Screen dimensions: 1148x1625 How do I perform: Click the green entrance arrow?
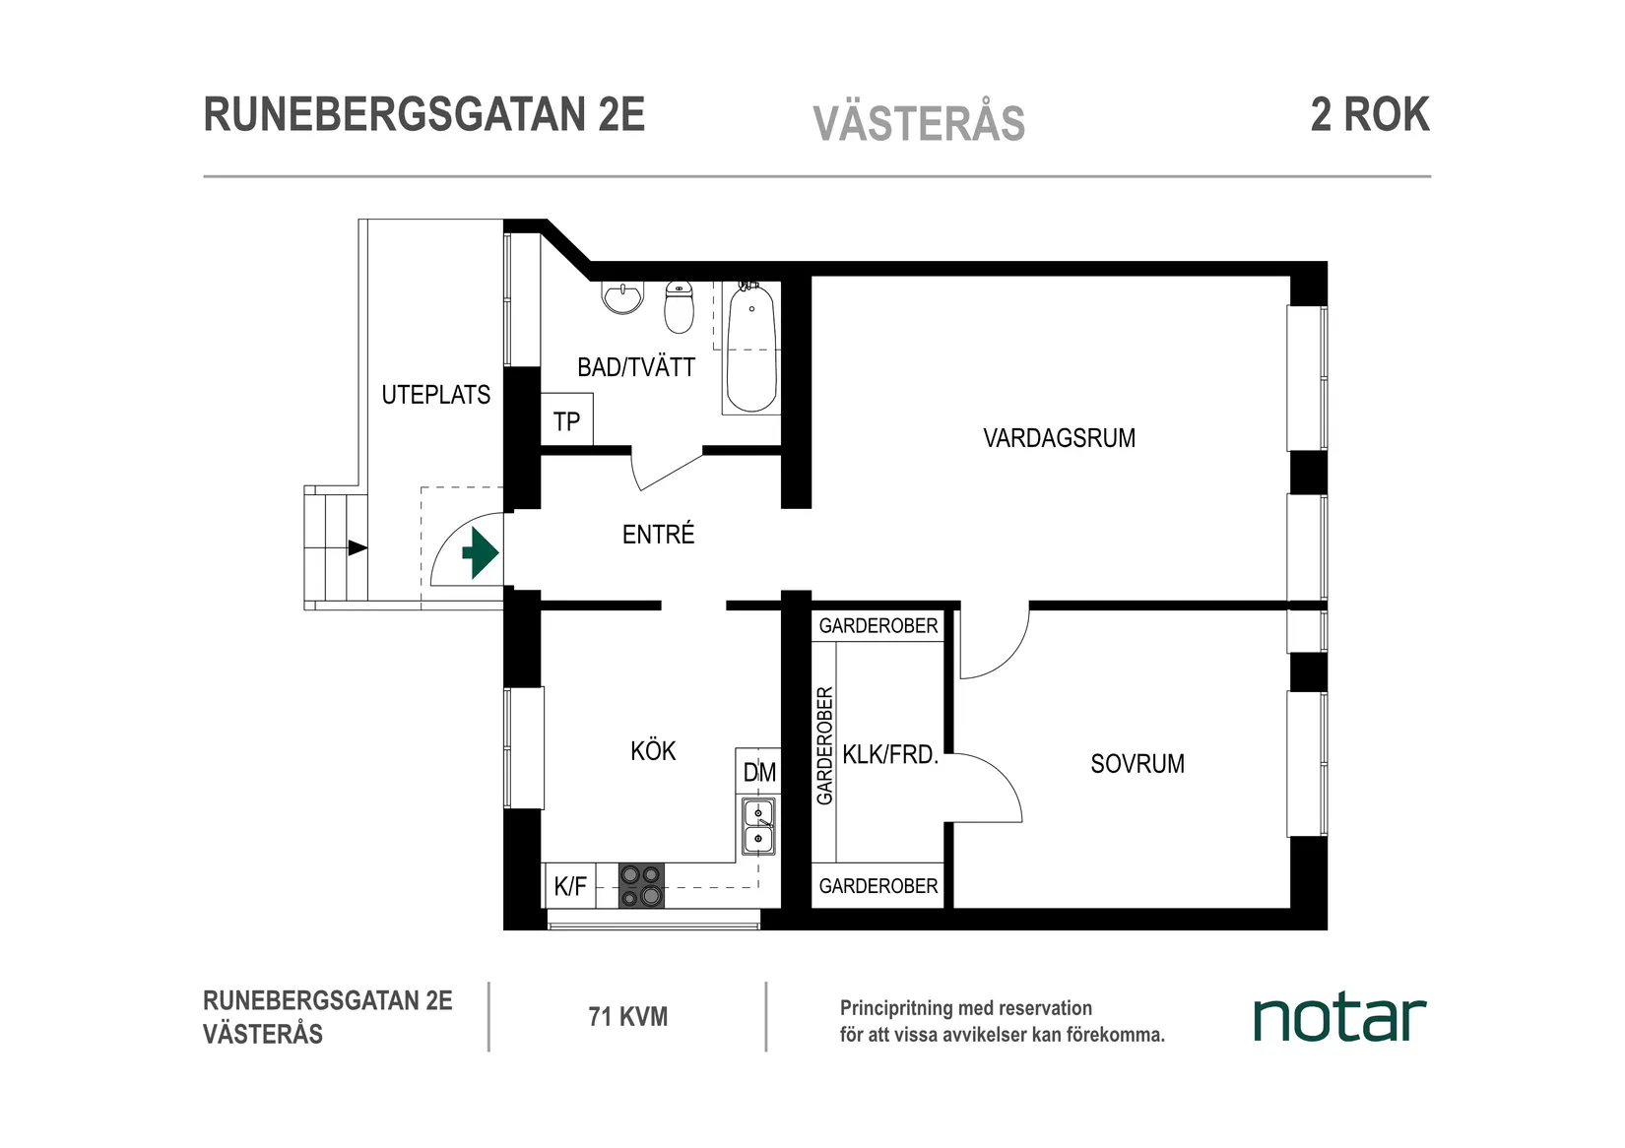(480, 553)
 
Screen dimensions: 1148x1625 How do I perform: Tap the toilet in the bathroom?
(679, 307)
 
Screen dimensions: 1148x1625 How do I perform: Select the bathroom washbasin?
(622, 297)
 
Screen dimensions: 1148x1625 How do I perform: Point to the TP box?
(566, 421)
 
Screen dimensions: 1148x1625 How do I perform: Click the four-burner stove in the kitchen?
(641, 885)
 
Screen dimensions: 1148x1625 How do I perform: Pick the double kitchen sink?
(758, 826)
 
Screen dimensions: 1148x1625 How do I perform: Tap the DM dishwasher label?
(758, 773)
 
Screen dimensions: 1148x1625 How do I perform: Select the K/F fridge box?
(569, 886)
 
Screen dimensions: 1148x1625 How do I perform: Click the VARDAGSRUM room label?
(1059, 438)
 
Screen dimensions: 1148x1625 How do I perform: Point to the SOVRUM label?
(1137, 764)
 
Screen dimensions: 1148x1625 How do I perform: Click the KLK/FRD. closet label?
(890, 755)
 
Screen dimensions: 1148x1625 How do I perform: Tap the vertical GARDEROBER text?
(825, 745)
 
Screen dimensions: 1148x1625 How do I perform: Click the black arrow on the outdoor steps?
(357, 548)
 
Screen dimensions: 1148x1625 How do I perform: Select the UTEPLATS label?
(435, 395)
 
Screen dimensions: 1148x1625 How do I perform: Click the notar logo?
(1338, 1019)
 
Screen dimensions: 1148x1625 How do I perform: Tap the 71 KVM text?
(627, 1017)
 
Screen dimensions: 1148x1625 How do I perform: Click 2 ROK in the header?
(1369, 115)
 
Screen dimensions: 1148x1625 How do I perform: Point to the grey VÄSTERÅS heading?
(919, 124)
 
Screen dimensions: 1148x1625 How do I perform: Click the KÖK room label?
(653, 751)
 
